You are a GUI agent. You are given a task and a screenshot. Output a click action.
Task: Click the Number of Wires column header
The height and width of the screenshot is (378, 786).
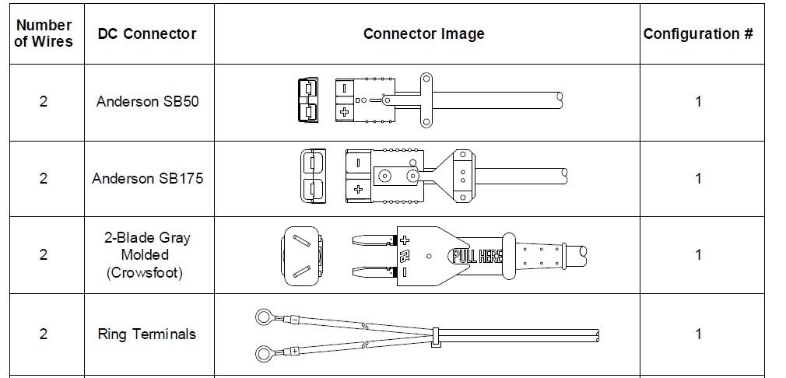44,33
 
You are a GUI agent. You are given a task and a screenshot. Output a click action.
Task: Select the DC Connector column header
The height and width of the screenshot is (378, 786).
147,33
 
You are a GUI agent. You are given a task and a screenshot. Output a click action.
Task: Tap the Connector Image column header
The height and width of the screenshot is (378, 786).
423,33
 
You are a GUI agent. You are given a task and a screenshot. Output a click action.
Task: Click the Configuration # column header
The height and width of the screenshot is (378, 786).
698,33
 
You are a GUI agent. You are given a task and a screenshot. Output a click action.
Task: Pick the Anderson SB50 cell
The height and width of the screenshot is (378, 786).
147,102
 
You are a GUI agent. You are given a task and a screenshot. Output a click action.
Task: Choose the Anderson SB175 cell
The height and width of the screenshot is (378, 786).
147,178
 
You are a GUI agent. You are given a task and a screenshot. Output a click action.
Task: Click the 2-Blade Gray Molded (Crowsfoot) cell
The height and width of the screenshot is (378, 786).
147,254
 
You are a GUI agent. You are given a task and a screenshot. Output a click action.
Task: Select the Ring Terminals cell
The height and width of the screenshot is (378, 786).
147,334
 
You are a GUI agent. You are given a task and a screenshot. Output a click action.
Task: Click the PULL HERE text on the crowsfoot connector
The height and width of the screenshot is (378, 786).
476,255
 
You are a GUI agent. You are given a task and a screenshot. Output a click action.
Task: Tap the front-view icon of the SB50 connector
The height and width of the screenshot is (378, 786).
308,100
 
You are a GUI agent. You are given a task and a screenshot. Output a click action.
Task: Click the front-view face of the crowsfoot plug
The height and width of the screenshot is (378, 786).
300,255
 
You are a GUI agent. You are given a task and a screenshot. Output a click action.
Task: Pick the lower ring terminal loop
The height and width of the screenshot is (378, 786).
265,351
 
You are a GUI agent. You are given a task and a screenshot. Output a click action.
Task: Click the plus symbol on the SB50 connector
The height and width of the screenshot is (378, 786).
344,112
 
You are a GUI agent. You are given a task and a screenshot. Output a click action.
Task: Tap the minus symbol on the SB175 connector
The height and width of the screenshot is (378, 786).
357,164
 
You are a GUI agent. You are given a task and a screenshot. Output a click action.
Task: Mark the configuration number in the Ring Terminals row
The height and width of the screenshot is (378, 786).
698,334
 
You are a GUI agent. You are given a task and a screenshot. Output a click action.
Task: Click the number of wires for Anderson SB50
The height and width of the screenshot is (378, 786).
44,102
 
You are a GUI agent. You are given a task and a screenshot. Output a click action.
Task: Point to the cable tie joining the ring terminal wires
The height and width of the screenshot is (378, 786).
434,334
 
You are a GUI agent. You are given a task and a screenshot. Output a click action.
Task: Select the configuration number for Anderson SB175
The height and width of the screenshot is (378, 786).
698,178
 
